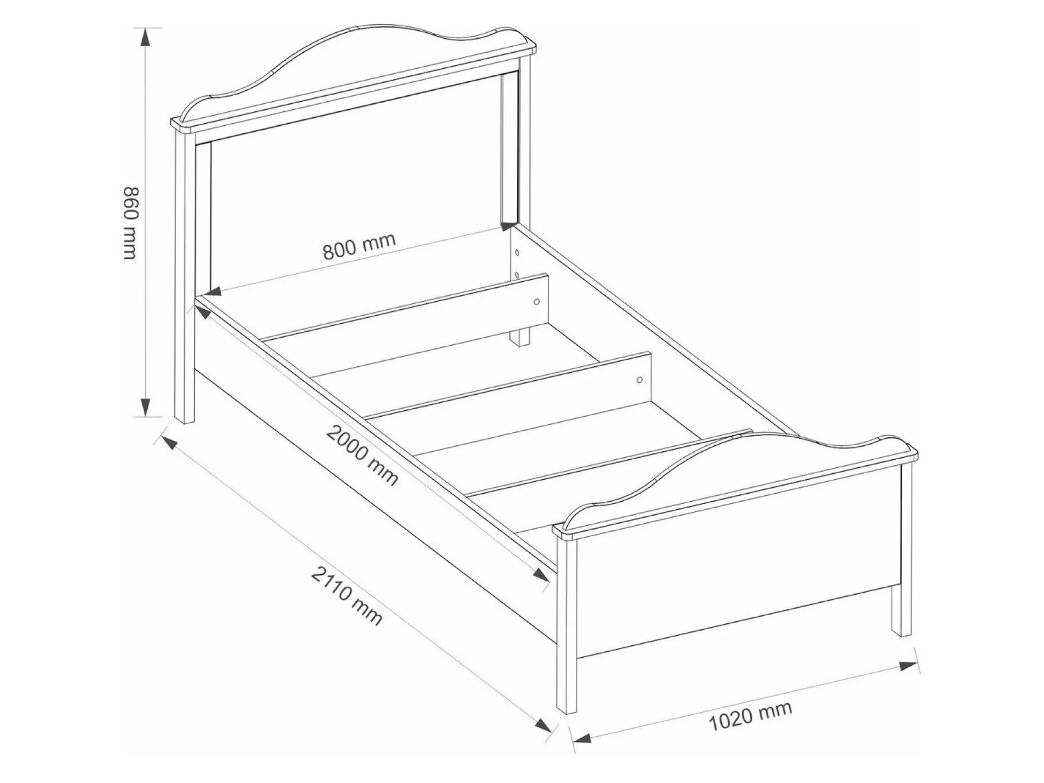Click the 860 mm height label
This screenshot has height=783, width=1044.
coord(131,223)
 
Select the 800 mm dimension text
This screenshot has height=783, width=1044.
coord(359,246)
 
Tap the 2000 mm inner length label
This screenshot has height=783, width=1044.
coord(362,455)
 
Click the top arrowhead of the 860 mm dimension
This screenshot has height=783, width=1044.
coord(145,39)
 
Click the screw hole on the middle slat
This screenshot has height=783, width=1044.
coord(639,380)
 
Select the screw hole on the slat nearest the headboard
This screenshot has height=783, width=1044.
coord(536,302)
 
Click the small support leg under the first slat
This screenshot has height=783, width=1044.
coord(520,337)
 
